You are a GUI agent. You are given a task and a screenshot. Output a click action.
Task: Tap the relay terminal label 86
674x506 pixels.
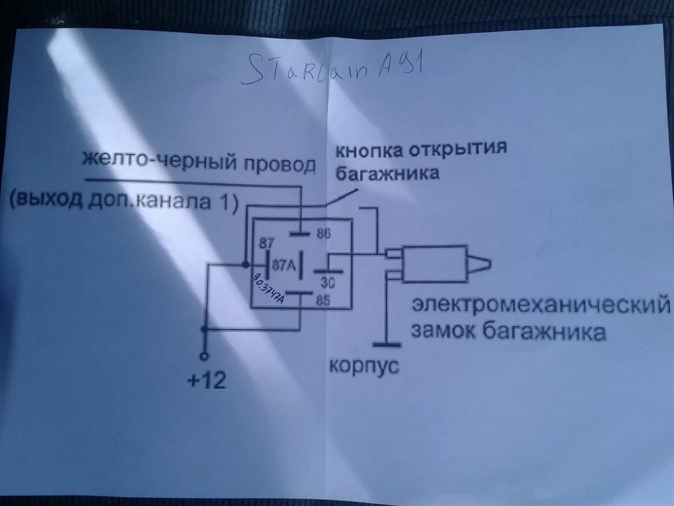point(323,234)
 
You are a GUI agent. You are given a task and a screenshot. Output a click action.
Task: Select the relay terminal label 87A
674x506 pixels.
point(284,265)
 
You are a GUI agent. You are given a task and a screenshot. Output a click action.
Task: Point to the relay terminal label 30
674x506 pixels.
point(328,283)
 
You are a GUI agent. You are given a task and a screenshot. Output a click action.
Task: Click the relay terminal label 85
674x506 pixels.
point(323,300)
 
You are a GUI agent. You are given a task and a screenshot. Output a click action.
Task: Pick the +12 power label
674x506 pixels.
point(207,380)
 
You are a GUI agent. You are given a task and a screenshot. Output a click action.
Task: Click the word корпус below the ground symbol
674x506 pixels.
point(364,366)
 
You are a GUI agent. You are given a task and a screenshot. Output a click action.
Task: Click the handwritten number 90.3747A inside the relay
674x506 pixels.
point(269,288)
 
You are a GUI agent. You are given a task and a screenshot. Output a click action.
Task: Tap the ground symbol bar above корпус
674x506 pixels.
point(386,345)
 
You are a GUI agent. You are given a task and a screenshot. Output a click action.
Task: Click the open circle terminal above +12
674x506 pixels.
point(204,356)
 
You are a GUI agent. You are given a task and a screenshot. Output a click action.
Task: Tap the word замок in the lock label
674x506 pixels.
point(444,331)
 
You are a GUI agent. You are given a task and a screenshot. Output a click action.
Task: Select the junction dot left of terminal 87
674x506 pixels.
point(245,264)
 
